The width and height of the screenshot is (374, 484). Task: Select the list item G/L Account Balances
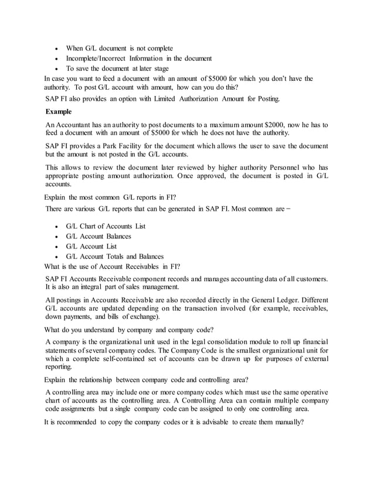pos(98,236)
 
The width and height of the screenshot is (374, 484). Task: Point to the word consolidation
pos(208,342)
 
